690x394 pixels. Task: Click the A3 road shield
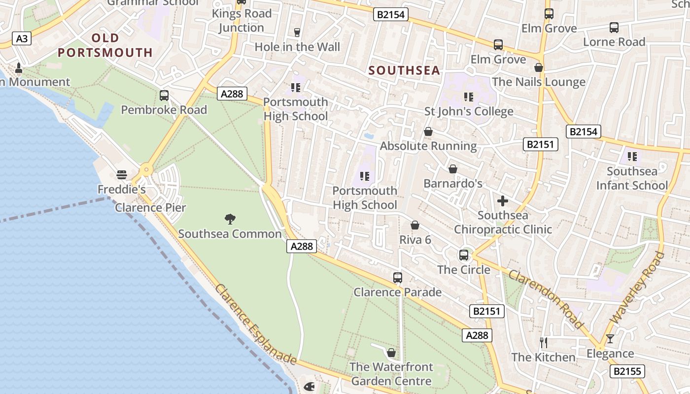[x=21, y=38]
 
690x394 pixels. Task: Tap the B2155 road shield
[x=628, y=371]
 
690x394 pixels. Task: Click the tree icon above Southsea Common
[x=230, y=219]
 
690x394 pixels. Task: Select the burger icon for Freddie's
[x=121, y=174]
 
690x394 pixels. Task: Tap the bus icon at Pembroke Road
[x=164, y=96]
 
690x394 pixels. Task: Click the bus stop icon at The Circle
[x=464, y=255]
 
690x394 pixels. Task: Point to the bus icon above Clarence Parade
[x=398, y=278]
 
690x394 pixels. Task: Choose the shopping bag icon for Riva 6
[x=415, y=226]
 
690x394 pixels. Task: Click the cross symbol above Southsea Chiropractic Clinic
[x=503, y=201]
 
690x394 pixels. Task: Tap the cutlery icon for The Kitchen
[x=544, y=342]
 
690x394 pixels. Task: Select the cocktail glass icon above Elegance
[x=610, y=339]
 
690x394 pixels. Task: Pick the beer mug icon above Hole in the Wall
[x=297, y=33]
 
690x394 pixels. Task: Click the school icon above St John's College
[x=468, y=97]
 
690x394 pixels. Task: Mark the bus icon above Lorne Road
[x=614, y=28]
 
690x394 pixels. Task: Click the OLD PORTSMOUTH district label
[x=105, y=45]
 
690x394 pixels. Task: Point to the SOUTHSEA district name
[x=404, y=70]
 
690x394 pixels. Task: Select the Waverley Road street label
[x=637, y=288]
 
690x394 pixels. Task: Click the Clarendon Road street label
[x=546, y=298]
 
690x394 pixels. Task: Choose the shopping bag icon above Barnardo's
[x=453, y=169]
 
